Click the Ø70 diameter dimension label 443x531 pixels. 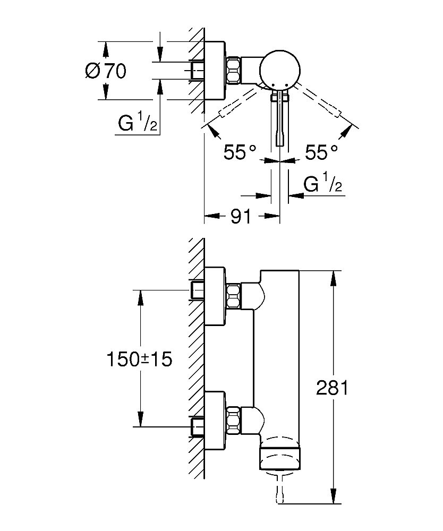[x=106, y=71]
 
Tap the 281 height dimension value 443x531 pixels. [x=332, y=388]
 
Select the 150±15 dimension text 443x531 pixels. [x=140, y=359]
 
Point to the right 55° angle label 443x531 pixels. [x=321, y=153]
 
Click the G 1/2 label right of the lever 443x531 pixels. [x=322, y=185]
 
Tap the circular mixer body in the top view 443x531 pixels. [x=280, y=70]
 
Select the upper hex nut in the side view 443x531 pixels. [x=234, y=296]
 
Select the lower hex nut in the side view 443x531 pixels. [x=234, y=418]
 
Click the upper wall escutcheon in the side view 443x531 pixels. [x=215, y=296]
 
